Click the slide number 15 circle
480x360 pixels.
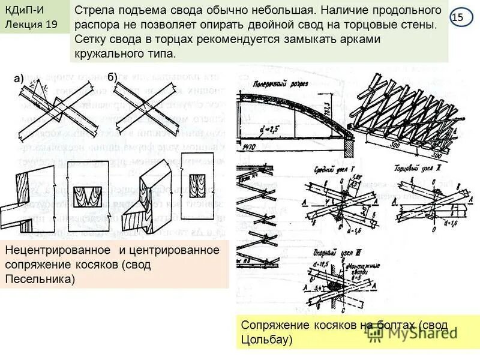(458, 17)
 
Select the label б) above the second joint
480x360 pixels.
(112, 77)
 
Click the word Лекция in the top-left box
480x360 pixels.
(22, 25)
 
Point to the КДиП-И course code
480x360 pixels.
(24, 10)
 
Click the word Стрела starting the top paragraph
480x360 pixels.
(92, 12)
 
